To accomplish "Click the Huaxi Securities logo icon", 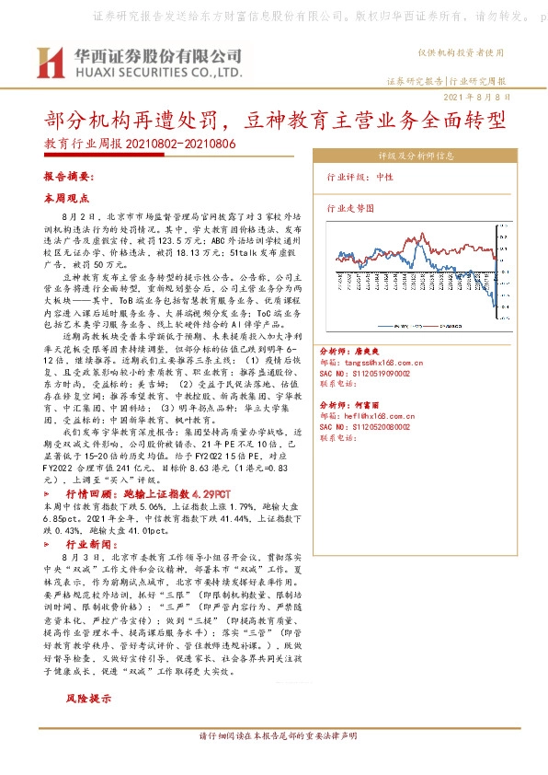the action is tap(47, 63).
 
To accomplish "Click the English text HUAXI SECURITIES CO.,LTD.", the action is tap(152, 72).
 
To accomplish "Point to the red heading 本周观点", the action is tap(65, 198).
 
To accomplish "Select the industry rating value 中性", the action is tap(410, 177).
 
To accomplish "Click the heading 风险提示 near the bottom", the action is tap(88, 700).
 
